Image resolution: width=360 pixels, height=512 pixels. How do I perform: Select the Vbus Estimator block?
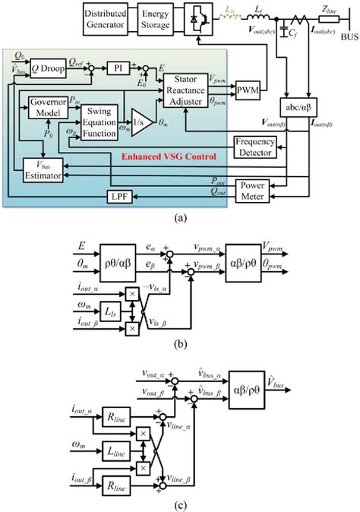[x=42, y=170]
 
